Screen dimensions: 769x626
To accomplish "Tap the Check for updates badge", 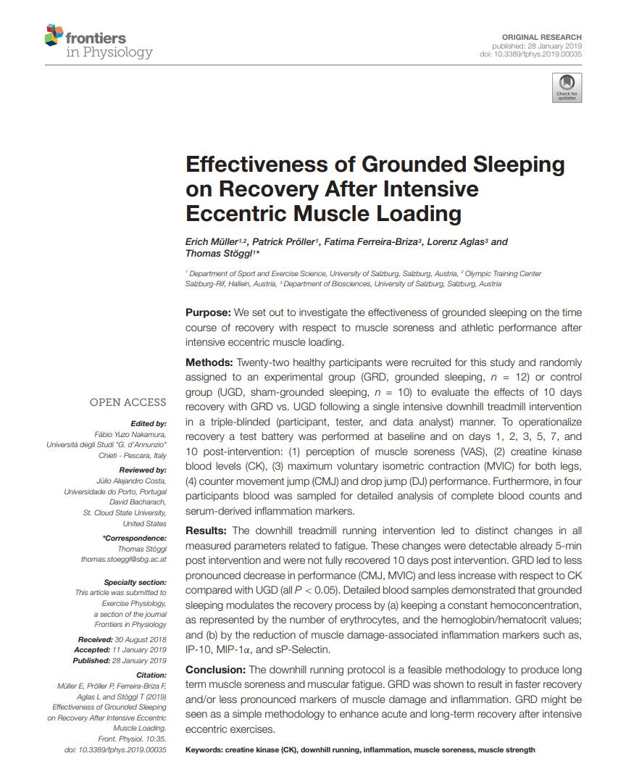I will (x=567, y=87).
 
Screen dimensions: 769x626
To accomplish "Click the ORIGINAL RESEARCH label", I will (x=542, y=37).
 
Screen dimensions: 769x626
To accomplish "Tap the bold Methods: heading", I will (x=209, y=362).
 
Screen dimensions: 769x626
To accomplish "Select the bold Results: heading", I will (x=207, y=531).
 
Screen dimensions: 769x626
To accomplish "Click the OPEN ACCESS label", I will (x=128, y=402).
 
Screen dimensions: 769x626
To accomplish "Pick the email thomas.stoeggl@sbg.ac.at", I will (x=124, y=560).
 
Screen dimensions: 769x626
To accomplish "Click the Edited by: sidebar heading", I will (x=148, y=423).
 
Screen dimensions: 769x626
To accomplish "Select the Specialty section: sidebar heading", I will (x=135, y=582).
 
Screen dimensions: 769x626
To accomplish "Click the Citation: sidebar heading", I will (x=151, y=675).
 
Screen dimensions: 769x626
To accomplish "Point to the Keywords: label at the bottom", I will (x=206, y=749).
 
